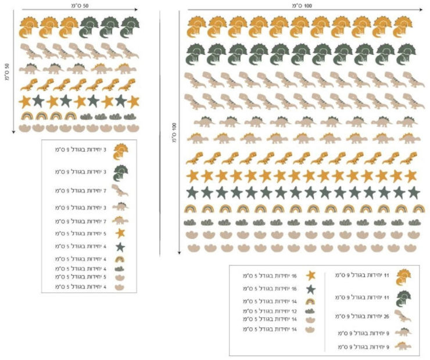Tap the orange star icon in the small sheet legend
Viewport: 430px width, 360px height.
point(120,233)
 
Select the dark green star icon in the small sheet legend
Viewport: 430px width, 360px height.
point(120,247)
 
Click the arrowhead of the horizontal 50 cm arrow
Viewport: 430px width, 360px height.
point(135,9)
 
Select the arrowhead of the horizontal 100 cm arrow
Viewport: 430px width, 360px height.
point(420,9)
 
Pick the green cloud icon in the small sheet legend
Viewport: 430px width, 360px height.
point(120,268)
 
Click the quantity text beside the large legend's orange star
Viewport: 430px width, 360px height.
point(271,275)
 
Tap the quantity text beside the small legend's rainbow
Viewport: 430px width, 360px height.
point(82,259)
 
